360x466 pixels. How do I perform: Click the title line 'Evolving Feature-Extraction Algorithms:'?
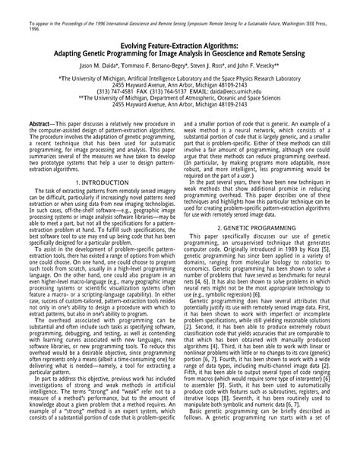(179, 46)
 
